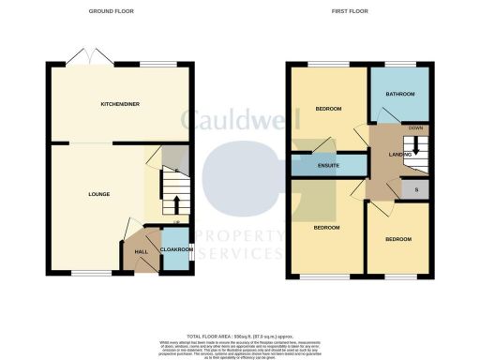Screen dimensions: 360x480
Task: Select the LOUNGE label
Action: pyautogui.click(x=99, y=194)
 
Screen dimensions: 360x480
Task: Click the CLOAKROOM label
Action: pyautogui.click(x=174, y=249)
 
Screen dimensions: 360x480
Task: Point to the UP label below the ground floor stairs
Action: pyautogui.click(x=175, y=221)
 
